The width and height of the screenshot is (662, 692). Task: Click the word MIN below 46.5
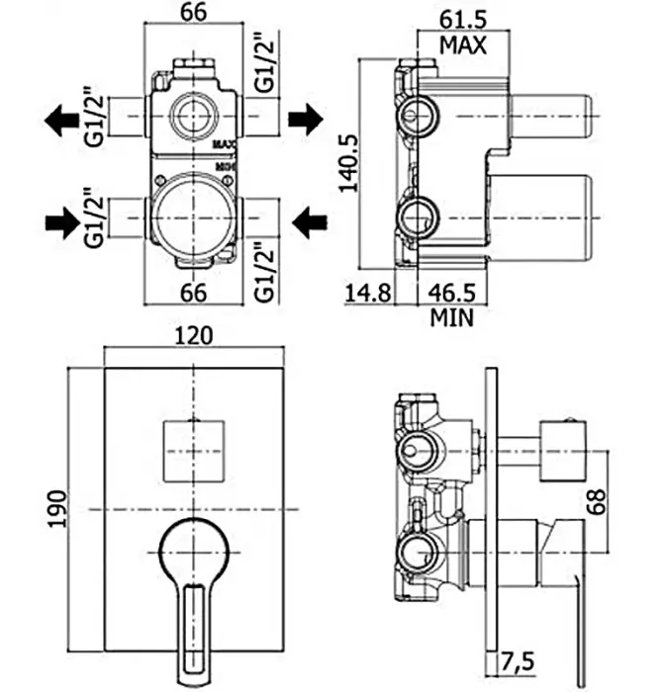pos(452,317)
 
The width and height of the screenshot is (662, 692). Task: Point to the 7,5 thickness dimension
pos(518,658)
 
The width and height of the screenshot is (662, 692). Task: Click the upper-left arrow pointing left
pos(62,121)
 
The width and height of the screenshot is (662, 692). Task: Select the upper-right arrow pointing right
pos(306,121)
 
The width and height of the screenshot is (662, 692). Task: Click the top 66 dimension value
pos(193,13)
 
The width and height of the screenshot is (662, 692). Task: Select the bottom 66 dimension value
pos(193,293)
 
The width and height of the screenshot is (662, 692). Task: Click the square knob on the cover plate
pos(193,450)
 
